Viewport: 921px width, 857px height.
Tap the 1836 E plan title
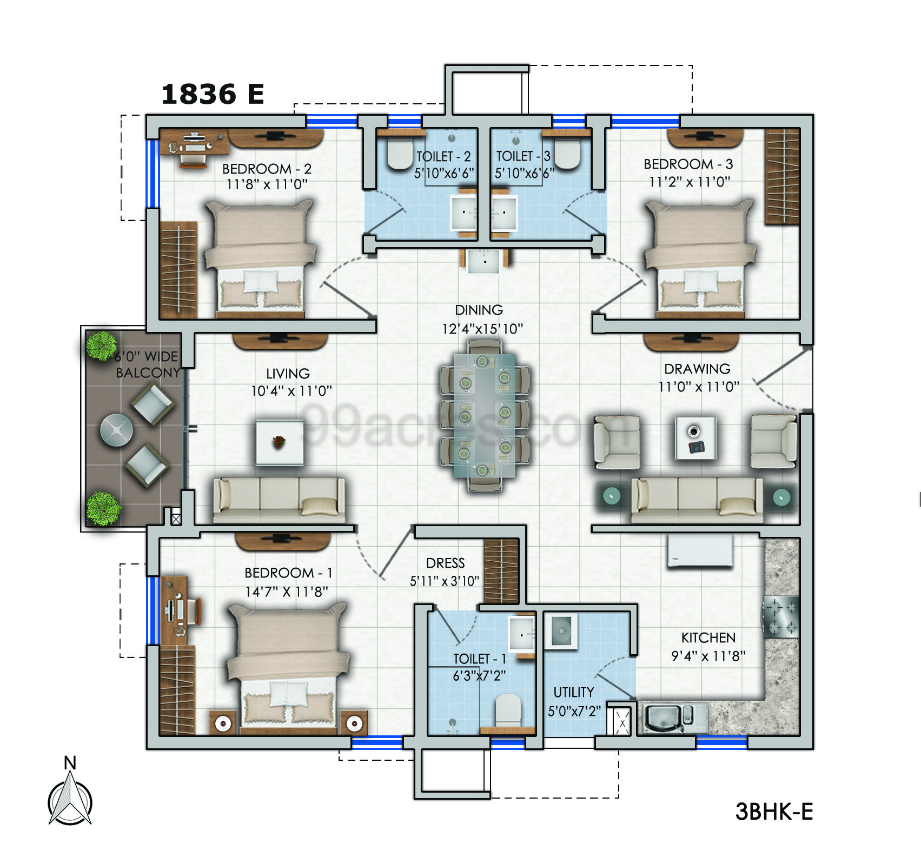213,95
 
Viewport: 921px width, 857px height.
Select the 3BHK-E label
774,811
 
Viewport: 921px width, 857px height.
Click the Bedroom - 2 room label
267,169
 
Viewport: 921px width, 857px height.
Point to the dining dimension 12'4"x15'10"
482,328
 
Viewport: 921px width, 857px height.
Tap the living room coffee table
279,442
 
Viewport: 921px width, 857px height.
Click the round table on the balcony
116,430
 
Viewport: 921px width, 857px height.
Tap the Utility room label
573,693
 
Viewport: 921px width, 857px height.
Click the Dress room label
445,563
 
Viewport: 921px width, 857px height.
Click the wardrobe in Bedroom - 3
781,176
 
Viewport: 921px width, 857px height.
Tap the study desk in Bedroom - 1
174,610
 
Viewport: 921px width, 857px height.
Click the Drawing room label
697,369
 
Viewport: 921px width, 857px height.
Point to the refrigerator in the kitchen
700,550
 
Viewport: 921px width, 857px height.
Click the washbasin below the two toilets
484,262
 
